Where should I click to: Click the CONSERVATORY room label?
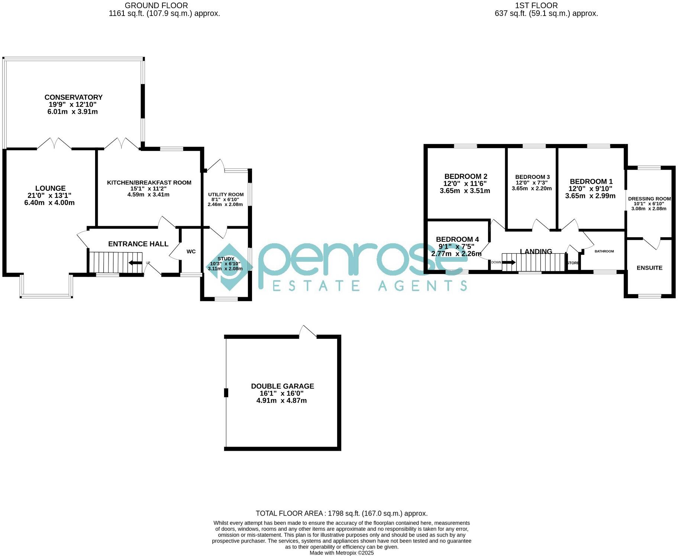click(x=73, y=97)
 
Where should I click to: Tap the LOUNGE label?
click(x=50, y=189)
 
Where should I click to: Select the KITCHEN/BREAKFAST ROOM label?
click(x=149, y=183)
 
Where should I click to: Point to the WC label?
click(x=191, y=252)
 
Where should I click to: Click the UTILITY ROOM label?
click(x=226, y=195)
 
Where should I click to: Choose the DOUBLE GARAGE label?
click(x=282, y=386)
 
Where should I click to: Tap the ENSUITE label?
click(x=649, y=268)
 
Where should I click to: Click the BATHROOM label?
click(x=604, y=251)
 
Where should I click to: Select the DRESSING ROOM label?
click(x=649, y=199)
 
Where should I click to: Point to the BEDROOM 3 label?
click(x=532, y=177)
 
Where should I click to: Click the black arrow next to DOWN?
click(x=509, y=262)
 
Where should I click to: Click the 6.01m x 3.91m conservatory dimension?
click(x=72, y=112)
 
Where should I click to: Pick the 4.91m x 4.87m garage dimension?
click(x=282, y=401)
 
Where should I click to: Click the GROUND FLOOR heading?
click(x=156, y=6)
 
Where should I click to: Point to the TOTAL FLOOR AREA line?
click(x=342, y=514)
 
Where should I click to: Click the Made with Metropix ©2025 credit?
click(x=342, y=553)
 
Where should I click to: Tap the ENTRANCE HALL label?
click(x=138, y=244)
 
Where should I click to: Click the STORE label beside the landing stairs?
click(x=573, y=263)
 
